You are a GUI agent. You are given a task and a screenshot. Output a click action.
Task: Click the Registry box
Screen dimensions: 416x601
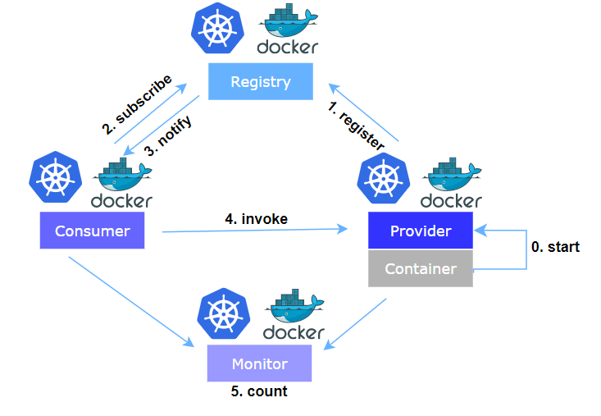point(260,82)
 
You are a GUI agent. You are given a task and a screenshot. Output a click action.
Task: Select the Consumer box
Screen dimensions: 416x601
point(92,231)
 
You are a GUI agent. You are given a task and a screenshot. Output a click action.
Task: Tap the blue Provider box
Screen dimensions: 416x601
point(421,231)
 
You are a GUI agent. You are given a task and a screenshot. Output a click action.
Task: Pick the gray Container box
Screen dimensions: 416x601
point(421,269)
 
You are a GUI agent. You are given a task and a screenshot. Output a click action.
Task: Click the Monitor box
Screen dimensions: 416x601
point(259,363)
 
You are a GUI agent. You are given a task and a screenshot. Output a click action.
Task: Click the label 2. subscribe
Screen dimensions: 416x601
point(138,103)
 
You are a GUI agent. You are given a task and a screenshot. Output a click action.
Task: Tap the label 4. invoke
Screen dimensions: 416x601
point(256,218)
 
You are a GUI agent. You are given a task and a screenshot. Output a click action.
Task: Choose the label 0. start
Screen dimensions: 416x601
point(555,246)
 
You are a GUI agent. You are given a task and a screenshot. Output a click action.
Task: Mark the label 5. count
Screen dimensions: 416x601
point(259,391)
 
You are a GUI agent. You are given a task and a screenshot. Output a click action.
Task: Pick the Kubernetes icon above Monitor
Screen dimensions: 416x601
point(223,314)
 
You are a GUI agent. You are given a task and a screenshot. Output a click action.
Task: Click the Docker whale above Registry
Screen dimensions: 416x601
point(287,25)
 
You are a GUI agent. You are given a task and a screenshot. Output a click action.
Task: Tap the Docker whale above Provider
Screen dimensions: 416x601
point(451,174)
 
